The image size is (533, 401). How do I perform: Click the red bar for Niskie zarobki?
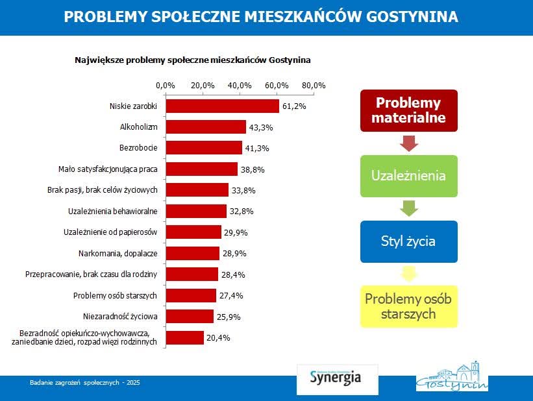click(222, 106)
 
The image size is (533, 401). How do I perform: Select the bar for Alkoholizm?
click(206, 127)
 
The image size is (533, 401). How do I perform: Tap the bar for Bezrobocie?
click(204, 148)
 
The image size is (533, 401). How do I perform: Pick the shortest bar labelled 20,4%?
click(184, 337)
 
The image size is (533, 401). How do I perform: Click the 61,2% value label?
click(294, 106)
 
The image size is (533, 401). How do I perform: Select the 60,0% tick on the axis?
click(277, 85)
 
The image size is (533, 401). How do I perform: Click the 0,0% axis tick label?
click(166, 85)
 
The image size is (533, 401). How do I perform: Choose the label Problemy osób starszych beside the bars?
click(116, 295)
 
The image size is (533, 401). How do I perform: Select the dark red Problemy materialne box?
click(408, 111)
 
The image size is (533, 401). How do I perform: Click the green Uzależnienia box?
click(408, 176)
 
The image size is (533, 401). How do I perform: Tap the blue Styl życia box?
click(408, 241)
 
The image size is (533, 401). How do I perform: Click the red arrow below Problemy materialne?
click(408, 143)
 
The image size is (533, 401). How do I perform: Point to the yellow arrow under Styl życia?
click(408, 274)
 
